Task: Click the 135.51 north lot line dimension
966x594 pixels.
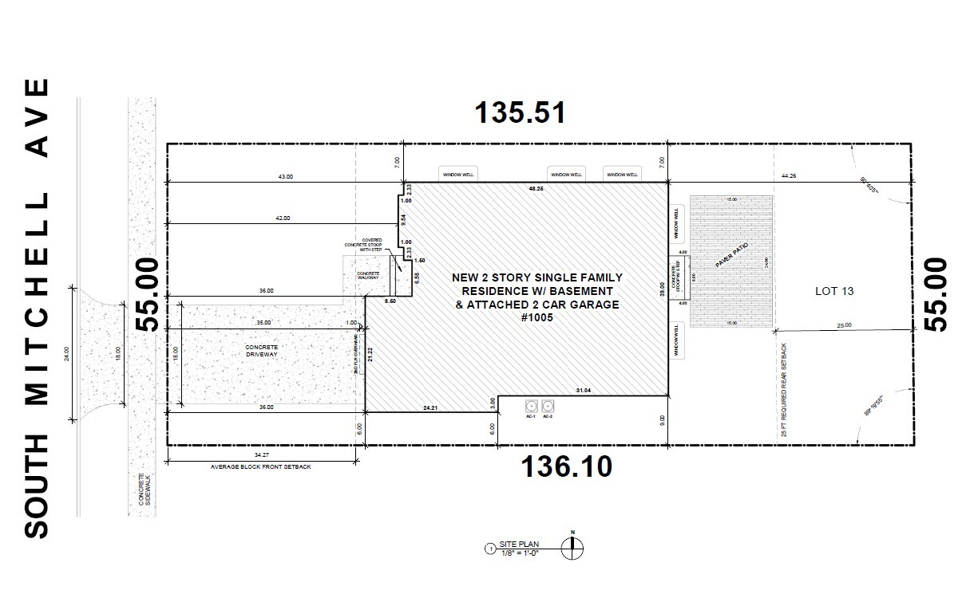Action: (521, 112)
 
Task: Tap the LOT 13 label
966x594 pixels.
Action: (834, 291)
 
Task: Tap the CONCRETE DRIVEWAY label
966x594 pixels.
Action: (262, 351)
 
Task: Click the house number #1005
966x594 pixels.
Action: (536, 317)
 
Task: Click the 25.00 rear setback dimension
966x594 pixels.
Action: (845, 325)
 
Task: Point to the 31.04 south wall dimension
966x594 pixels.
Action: (584, 390)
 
